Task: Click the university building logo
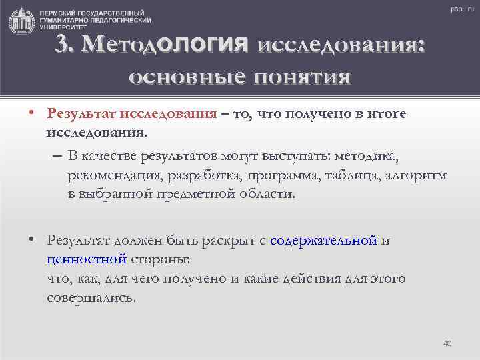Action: point(22,21)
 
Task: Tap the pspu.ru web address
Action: point(459,9)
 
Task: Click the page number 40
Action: point(447,343)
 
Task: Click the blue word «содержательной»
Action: point(324,240)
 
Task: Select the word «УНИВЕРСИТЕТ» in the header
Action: point(59,29)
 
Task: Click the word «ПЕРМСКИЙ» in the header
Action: point(57,13)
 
